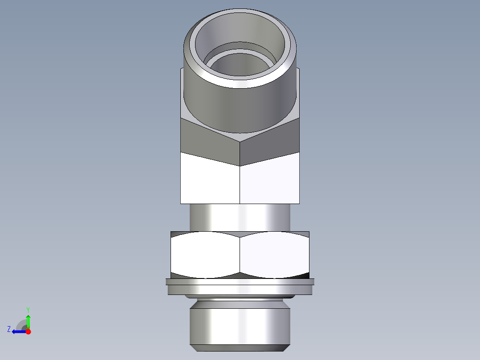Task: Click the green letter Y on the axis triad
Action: tap(28, 309)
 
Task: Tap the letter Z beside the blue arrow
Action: tap(9, 329)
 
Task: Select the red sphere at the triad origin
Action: tap(28, 331)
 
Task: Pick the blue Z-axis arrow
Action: tap(19, 331)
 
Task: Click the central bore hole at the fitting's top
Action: tap(240, 67)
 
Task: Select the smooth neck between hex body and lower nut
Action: tap(240, 217)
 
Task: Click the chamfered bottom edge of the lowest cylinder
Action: tap(240, 348)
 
